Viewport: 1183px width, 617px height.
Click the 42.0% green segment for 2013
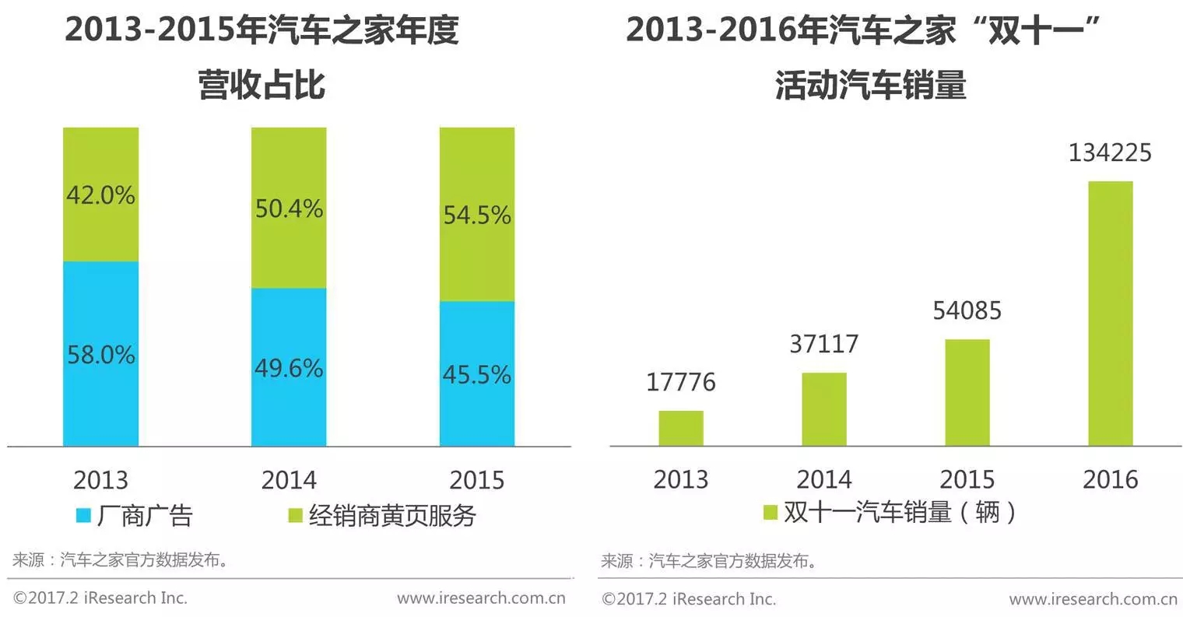coord(100,195)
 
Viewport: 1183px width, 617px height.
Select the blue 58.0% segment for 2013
coord(100,354)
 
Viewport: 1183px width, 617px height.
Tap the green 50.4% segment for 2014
coord(289,208)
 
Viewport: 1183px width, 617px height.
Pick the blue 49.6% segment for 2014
coord(289,367)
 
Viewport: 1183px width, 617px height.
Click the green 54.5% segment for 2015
coord(477,214)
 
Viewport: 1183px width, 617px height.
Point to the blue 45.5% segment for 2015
coord(477,374)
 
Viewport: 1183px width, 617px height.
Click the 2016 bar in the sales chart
coord(1110,314)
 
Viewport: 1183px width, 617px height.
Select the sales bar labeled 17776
coord(681,429)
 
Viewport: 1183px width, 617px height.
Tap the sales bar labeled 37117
coord(824,409)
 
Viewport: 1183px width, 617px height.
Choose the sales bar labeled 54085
coord(967,393)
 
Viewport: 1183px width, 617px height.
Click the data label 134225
coord(1110,152)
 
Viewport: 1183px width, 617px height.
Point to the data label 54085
coord(967,310)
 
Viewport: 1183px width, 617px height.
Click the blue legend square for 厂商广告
coord(83,515)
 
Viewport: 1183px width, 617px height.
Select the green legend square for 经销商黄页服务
coord(295,515)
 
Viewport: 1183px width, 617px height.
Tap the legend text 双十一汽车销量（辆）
coord(900,512)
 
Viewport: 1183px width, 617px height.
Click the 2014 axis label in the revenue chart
coord(289,479)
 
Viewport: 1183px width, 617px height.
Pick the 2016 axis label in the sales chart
coord(1110,479)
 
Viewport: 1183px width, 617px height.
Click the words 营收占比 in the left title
coord(262,84)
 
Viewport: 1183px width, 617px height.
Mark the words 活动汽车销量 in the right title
coord(871,84)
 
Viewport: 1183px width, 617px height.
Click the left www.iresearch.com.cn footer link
coord(481,598)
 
